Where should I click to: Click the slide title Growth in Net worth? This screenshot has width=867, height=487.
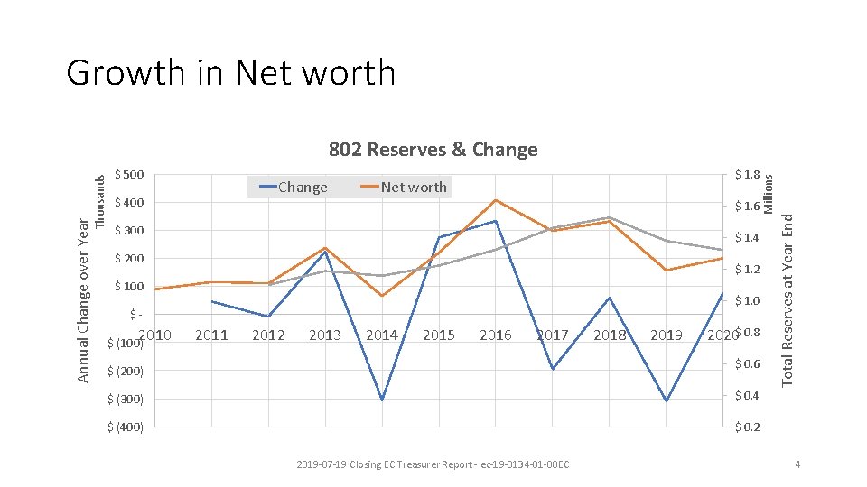click(x=230, y=73)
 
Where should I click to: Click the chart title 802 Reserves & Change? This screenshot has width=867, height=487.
click(x=433, y=150)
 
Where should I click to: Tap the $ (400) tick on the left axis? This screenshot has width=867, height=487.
click(x=126, y=427)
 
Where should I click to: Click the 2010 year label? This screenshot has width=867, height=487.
click(x=155, y=335)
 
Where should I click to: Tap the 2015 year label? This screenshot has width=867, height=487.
click(x=439, y=335)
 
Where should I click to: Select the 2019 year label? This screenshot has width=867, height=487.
click(x=667, y=335)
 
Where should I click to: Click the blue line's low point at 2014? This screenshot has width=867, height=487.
click(x=382, y=400)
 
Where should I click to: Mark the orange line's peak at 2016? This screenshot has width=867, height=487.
click(x=496, y=199)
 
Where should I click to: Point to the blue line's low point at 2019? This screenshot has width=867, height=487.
click(x=667, y=400)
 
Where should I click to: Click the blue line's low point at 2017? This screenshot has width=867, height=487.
click(x=553, y=369)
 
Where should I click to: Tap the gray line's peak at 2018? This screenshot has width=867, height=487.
click(x=610, y=217)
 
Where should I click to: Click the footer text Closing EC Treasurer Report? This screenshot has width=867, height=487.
click(x=433, y=464)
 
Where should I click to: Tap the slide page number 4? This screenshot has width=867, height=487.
click(x=797, y=464)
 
